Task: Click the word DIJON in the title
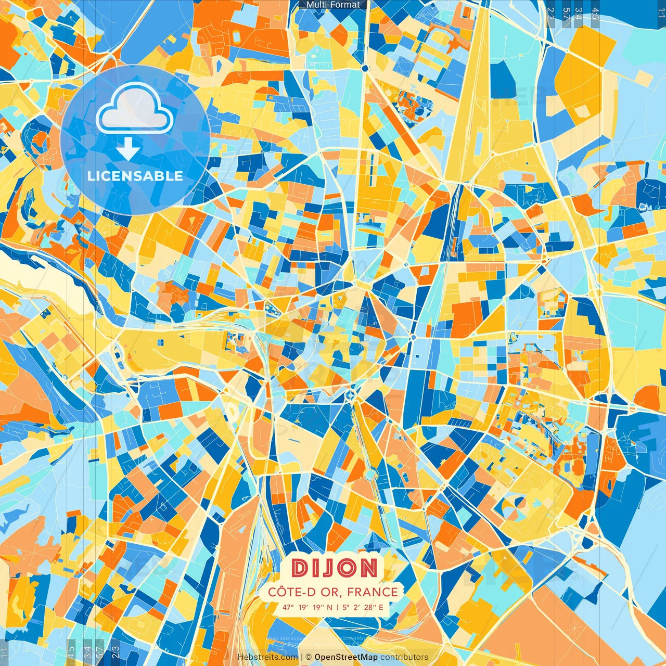coord(335,568)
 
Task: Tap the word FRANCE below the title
coord(373,592)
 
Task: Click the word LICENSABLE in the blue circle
coord(135,176)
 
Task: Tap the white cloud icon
coord(135,108)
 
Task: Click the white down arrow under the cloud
coord(128,149)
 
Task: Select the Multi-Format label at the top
coord(333,5)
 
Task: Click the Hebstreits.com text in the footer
coord(267,657)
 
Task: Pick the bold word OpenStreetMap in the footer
coord(346,657)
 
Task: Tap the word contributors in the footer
coord(404,657)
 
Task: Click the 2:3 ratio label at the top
coord(551,14)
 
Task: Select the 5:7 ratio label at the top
coord(566,14)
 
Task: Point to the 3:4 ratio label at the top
coord(579,14)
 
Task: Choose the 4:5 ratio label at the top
coord(595,14)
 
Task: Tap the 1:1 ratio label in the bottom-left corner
coord(5,652)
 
